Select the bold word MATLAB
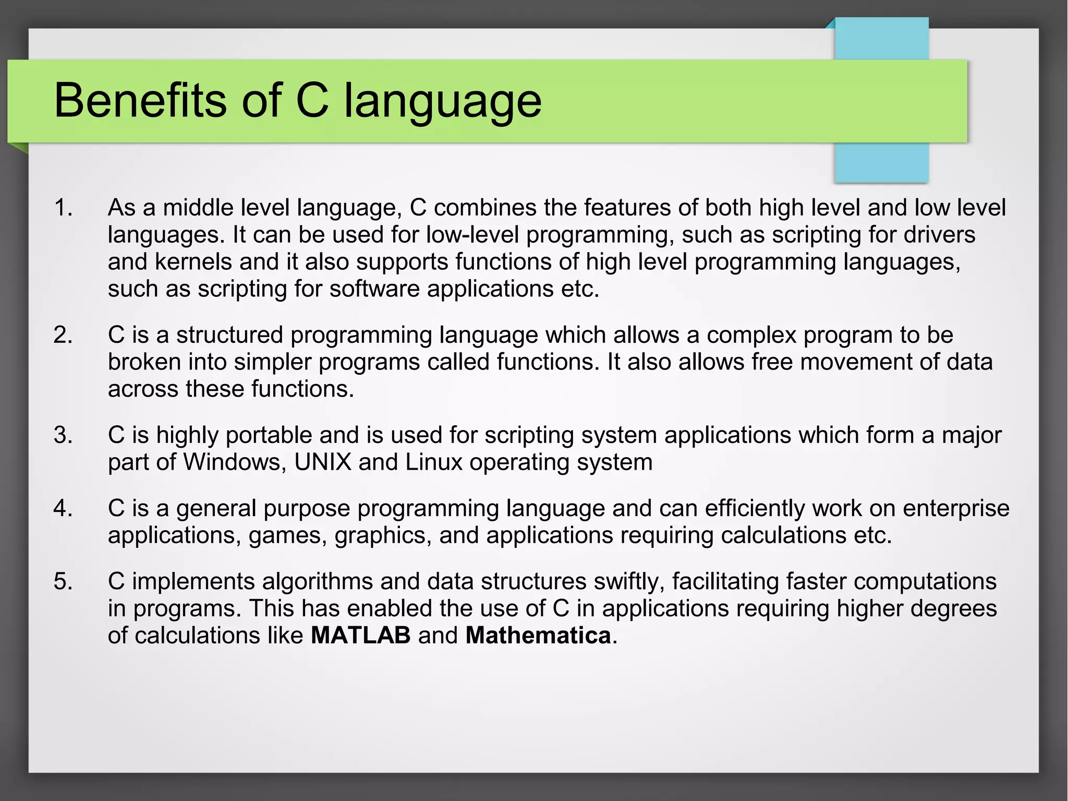361,636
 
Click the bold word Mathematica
538,636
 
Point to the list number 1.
63,208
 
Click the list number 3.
63,436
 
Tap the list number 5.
63,582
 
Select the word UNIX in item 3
323,462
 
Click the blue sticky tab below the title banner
881,163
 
